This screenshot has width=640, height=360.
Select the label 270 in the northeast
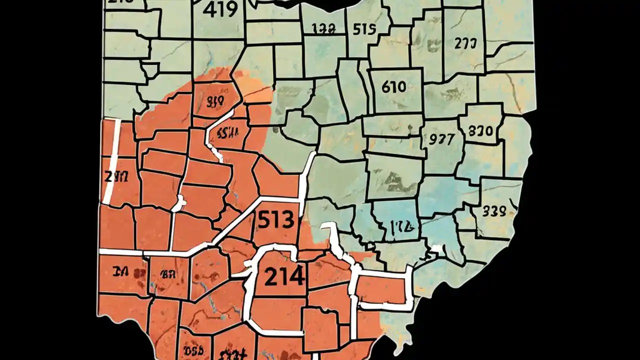pos(465,43)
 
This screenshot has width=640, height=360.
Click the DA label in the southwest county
pos(122,272)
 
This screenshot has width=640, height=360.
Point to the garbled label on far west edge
pos(117,176)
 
